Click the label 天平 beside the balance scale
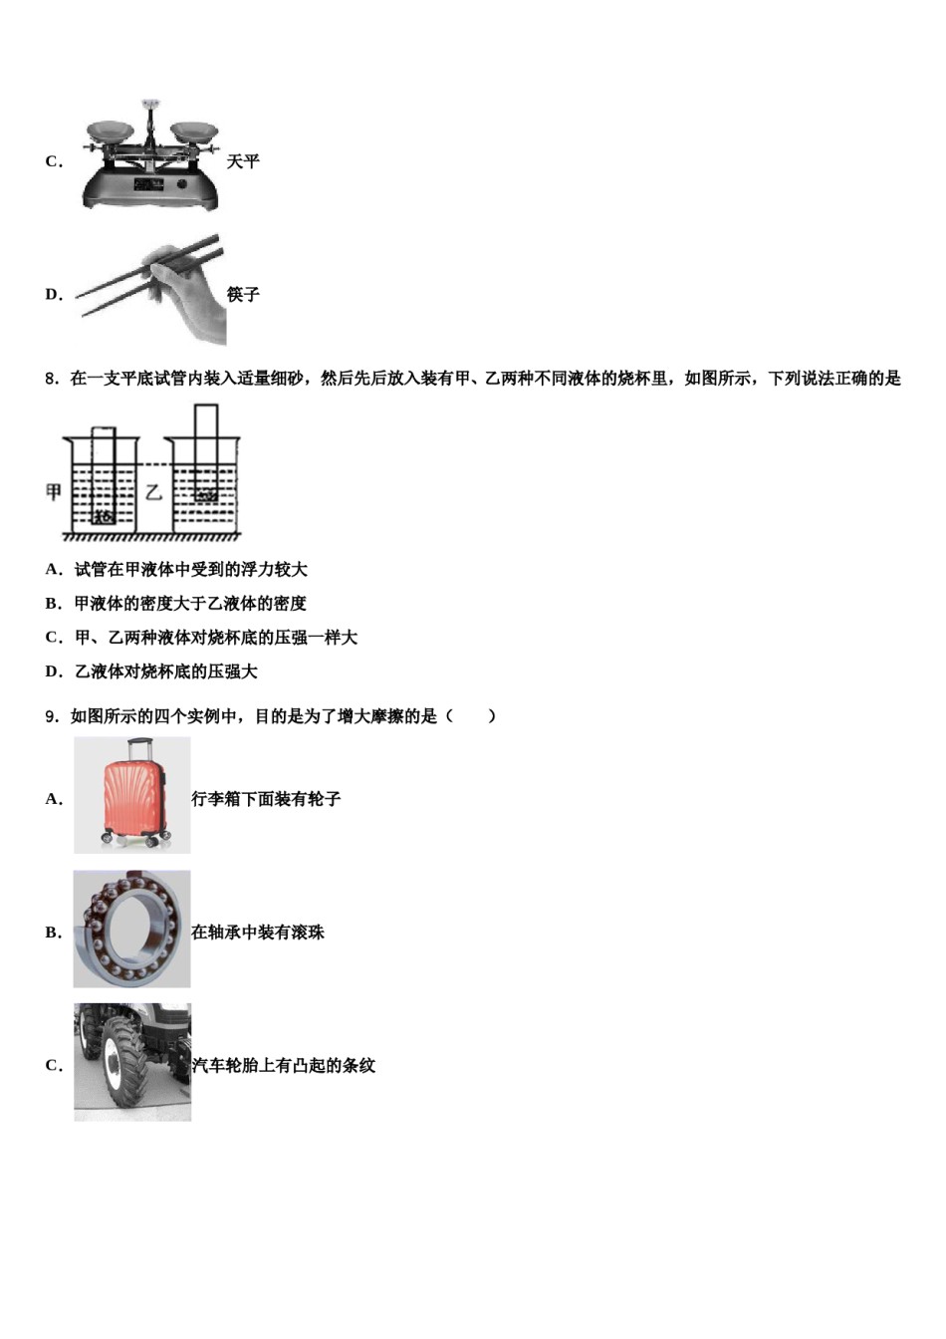coord(243,161)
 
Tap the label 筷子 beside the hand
coord(243,295)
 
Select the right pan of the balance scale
coord(194,130)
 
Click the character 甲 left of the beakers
coord(54,492)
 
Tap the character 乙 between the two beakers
coord(153,492)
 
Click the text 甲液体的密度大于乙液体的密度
coord(190,604)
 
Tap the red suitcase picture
coord(131,796)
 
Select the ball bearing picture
coord(131,930)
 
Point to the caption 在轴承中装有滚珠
coord(258,933)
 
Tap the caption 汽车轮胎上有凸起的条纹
coord(284,1066)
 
